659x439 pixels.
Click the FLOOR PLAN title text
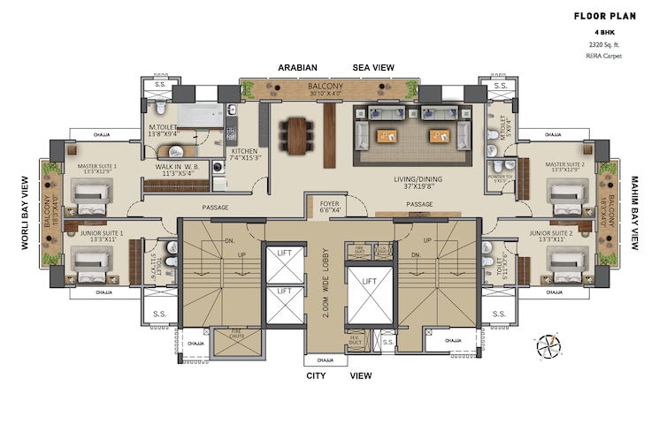point(606,15)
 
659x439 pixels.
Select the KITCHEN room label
point(244,155)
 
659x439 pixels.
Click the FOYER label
point(329,207)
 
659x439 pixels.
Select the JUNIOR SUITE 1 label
point(99,237)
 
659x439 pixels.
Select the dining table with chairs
point(295,133)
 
